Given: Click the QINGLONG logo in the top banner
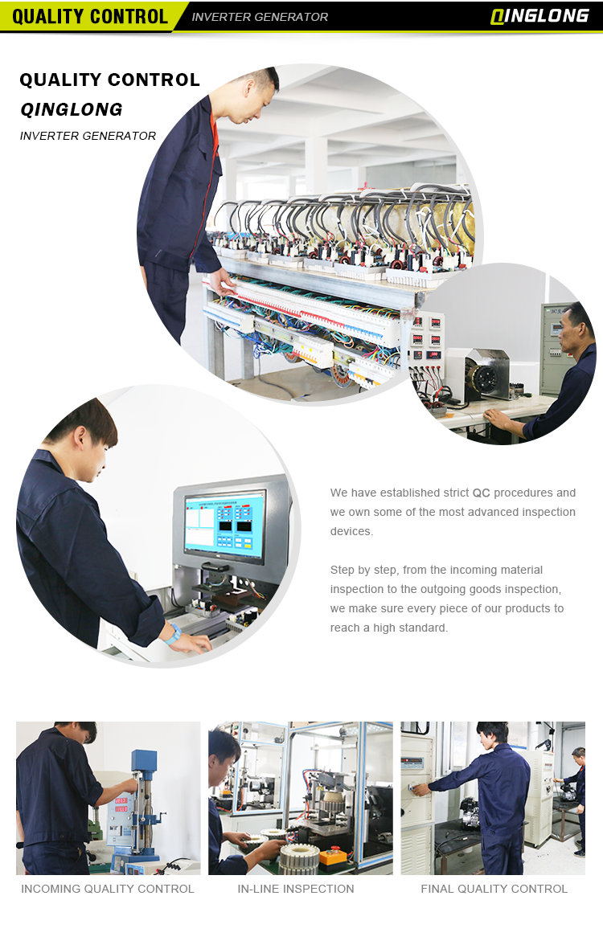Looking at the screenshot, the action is click(539, 16).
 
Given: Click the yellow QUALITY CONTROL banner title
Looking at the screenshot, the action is click(89, 16).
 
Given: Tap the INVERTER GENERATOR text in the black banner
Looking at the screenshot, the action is click(260, 17).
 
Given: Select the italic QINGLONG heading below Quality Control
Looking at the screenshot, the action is click(72, 109).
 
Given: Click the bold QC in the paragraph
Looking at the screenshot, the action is click(482, 493).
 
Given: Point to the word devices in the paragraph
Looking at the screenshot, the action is click(351, 531).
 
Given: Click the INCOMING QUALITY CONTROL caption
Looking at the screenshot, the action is click(108, 889).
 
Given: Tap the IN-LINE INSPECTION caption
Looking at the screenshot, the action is click(295, 889).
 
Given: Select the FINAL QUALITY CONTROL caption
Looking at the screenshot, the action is click(494, 889).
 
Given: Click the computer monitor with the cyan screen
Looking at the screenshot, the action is click(225, 523).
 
